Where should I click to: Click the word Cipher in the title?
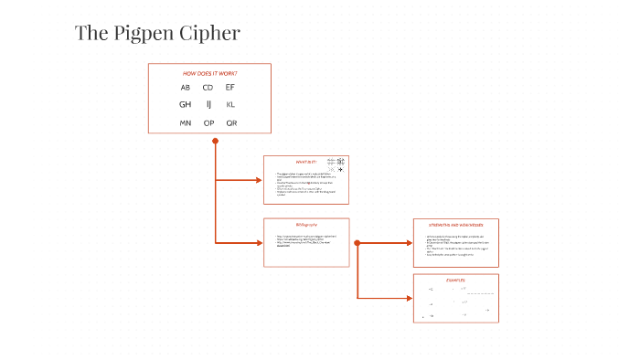(212, 34)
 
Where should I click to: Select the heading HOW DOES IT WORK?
(209, 72)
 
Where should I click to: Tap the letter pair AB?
(186, 88)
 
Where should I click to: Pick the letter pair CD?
(208, 88)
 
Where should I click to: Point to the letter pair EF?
(230, 88)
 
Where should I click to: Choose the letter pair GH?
(186, 105)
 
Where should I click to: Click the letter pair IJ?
(208, 105)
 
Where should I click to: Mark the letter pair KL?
(230, 105)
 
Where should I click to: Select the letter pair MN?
(186, 122)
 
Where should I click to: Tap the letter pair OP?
(208, 122)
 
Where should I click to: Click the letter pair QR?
(231, 122)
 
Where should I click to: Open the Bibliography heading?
(305, 225)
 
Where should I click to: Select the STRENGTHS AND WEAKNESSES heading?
(455, 224)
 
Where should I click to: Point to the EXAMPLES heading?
(455, 280)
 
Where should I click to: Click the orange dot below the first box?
(215, 141)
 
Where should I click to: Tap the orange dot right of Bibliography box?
(357, 243)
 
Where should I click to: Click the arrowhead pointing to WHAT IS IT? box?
(259, 180)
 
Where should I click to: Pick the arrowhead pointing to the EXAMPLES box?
(409, 298)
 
